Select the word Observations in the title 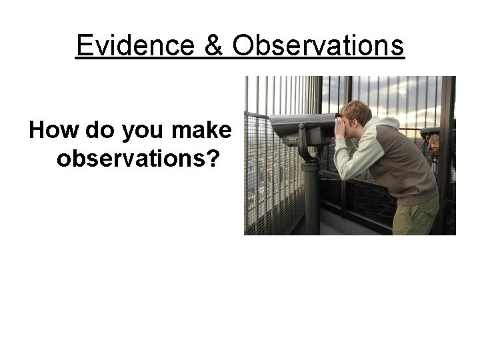[319, 45]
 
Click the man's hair [357, 110]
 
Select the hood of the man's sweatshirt [387, 125]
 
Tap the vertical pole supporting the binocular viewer [311, 200]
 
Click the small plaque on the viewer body [291, 140]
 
